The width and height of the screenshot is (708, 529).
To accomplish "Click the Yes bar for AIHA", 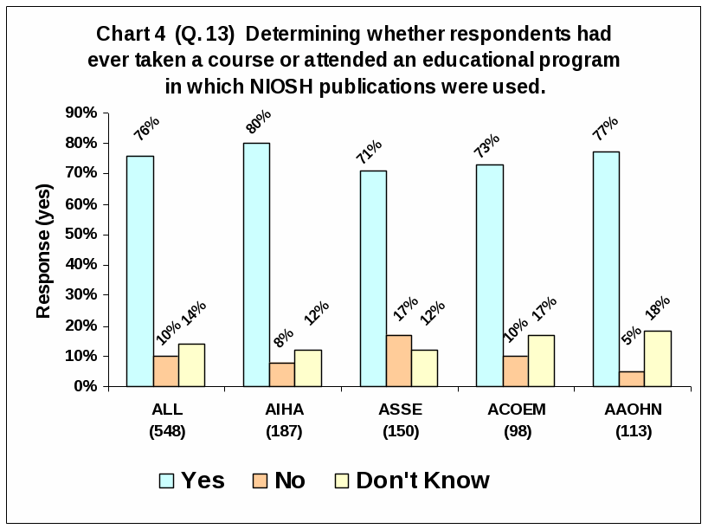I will (256, 264).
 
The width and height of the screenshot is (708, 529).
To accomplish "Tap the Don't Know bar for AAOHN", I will (658, 358).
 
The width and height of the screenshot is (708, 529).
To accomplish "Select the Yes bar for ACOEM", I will (490, 275).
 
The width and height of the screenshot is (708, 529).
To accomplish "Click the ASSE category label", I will (400, 410).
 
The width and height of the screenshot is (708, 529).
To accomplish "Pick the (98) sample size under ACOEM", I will (517, 431).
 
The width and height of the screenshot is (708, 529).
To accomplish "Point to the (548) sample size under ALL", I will (166, 431).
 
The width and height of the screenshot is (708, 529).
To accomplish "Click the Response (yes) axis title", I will (44, 251).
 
